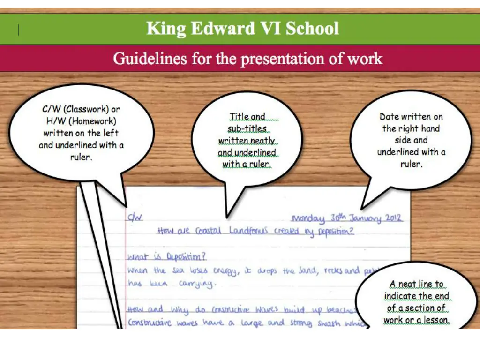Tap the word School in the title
312,29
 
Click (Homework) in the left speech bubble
94,121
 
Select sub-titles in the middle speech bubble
247,128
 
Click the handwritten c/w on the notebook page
135,217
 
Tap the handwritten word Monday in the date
308,218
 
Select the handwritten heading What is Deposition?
166,257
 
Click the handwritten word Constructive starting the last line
150,323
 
